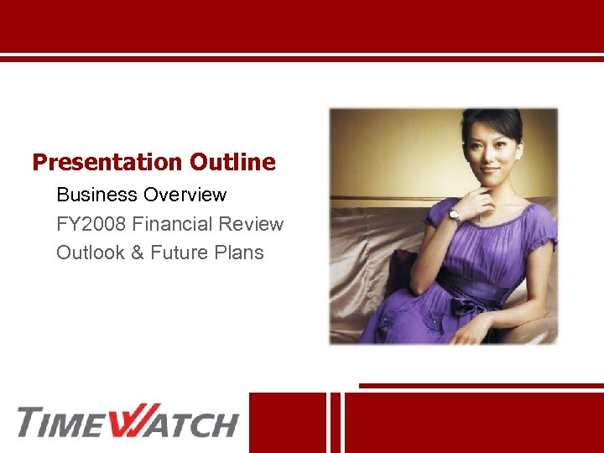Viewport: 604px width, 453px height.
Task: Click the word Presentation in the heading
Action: coord(107,162)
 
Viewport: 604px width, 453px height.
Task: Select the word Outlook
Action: coord(90,253)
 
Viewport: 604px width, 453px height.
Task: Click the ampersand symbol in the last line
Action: coord(138,253)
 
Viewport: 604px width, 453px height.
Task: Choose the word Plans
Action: coord(242,253)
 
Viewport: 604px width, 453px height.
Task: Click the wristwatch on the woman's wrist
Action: coord(454,216)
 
